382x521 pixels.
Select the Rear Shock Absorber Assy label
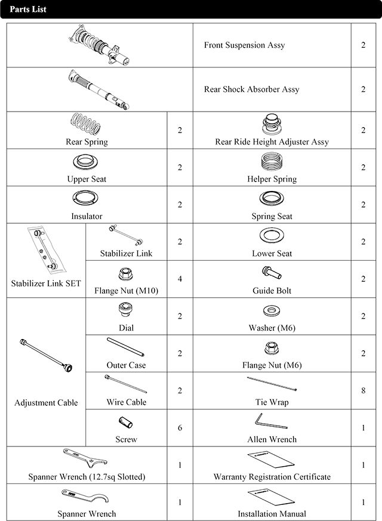[x=251, y=90]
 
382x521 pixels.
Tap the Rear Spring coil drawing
[x=87, y=125]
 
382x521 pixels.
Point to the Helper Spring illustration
[x=272, y=162]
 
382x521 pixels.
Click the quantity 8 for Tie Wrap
[x=363, y=391]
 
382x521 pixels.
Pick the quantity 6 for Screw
[x=180, y=428]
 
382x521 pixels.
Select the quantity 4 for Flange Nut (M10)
[x=180, y=279]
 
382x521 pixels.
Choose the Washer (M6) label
[x=272, y=328]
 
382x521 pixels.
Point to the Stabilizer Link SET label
[x=45, y=283]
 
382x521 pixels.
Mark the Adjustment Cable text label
[x=46, y=403]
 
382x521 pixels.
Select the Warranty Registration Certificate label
[x=272, y=477]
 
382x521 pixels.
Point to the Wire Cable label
[x=126, y=402]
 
